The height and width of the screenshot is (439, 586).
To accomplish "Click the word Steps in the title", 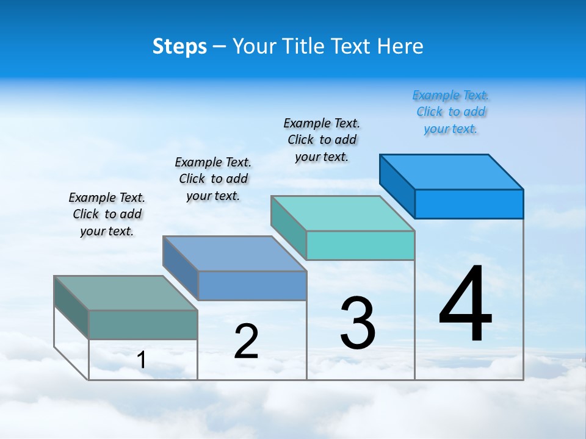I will pyautogui.click(x=179, y=46).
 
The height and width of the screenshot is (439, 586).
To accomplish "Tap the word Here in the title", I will pyautogui.click(x=400, y=46).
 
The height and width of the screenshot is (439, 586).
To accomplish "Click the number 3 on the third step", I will pyautogui.click(x=358, y=323).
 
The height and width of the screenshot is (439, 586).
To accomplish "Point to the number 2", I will pyautogui.click(x=246, y=341).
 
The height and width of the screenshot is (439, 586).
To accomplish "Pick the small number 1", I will pyautogui.click(x=142, y=360).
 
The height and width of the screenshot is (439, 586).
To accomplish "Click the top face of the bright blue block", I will pyautogui.click(x=452, y=171).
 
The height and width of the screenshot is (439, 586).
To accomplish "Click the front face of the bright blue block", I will pyautogui.click(x=469, y=204).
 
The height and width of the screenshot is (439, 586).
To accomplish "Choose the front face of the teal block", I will pyautogui.click(x=360, y=245).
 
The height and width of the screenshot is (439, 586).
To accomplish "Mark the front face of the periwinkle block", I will pyautogui.click(x=252, y=285).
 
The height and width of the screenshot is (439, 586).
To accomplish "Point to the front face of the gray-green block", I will pyautogui.click(x=143, y=324).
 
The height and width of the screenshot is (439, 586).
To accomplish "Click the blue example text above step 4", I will pyautogui.click(x=450, y=112).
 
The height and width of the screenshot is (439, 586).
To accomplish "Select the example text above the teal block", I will pyautogui.click(x=322, y=140).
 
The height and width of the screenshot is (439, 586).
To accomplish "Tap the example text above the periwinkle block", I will pyautogui.click(x=213, y=179).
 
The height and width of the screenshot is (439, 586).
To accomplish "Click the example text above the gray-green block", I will pyautogui.click(x=107, y=214).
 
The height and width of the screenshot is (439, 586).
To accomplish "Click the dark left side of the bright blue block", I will pyautogui.click(x=397, y=185).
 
